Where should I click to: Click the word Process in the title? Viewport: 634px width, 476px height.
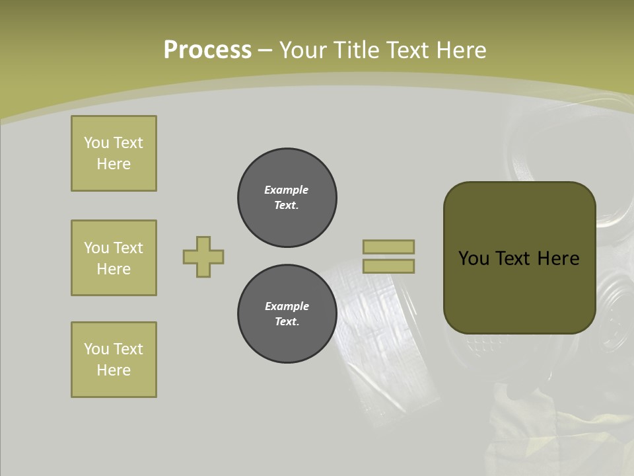click(207, 50)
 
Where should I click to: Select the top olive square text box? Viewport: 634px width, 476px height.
click(114, 153)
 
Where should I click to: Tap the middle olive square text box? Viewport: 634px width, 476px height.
click(114, 258)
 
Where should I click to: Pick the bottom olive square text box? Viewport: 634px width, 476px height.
click(114, 360)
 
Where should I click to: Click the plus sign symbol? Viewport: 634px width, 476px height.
click(203, 257)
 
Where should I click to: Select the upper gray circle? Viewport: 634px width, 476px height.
click(287, 197)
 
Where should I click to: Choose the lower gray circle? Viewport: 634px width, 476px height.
click(287, 313)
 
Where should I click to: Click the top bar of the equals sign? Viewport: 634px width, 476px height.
click(388, 247)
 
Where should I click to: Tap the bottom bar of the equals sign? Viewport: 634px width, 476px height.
click(388, 266)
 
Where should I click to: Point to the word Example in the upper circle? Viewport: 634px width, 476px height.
click(287, 190)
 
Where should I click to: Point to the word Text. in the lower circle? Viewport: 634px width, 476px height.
click(287, 321)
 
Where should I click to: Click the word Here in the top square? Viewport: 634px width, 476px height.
click(114, 164)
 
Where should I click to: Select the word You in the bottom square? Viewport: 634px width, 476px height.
click(96, 349)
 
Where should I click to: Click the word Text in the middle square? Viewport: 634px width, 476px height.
click(127, 248)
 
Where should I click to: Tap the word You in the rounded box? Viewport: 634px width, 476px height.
click(474, 258)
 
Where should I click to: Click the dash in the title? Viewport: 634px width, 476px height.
click(265, 50)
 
